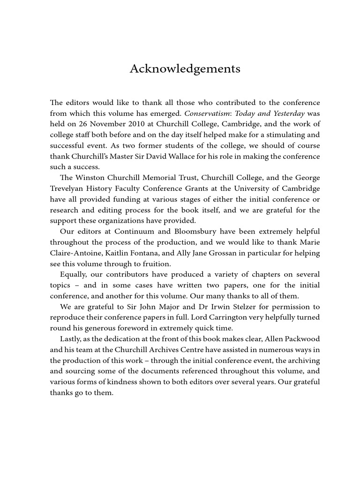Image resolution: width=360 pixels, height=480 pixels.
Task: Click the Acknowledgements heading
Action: pyautogui.click(x=185, y=69)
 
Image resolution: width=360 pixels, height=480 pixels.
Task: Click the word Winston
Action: pyautogui.click(x=92, y=178)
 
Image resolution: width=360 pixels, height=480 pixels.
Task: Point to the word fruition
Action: pyautogui.click(x=156, y=264)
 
